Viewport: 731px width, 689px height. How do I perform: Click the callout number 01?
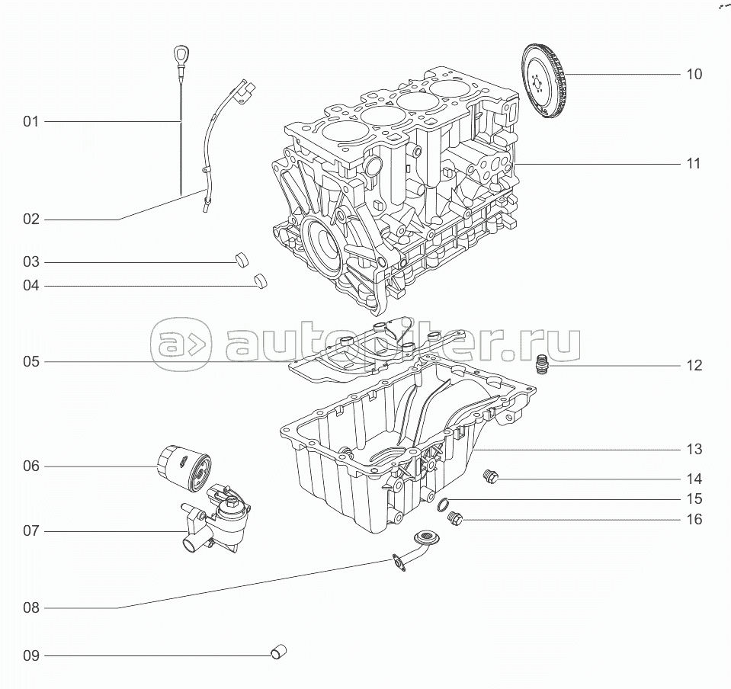tap(30, 122)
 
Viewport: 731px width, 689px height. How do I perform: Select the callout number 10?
tap(694, 74)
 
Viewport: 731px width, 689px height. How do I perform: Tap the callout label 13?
tap(694, 450)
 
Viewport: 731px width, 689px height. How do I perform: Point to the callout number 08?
tap(30, 608)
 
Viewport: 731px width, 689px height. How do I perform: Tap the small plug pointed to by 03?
tap(242, 260)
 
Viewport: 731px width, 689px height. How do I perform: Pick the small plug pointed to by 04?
tap(261, 280)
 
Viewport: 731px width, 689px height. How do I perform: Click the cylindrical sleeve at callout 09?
tap(279, 652)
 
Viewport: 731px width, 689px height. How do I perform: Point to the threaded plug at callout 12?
tap(541, 364)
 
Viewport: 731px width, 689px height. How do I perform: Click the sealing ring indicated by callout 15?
tap(444, 505)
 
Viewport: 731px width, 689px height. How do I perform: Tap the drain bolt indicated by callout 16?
tap(454, 518)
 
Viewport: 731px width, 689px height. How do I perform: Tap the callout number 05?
tap(30, 362)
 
